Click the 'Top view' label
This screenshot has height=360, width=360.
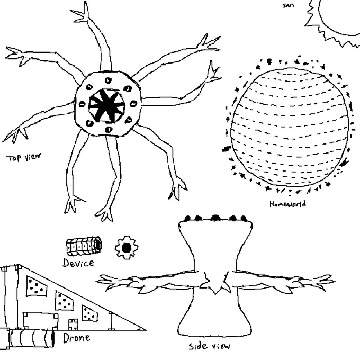[24, 157]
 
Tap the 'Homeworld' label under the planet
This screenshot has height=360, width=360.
[287, 204]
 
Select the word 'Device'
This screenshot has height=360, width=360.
[78, 263]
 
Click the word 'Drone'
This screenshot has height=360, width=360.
[76, 338]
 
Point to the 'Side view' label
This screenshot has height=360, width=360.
[210, 346]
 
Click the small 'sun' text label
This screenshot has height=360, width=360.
[288, 5]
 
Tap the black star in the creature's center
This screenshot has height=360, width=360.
[107, 106]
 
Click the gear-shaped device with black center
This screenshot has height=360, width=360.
[127, 248]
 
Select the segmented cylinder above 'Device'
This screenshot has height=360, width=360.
[84, 246]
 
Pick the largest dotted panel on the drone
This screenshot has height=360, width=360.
[37, 286]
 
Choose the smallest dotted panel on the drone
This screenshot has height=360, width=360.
[90, 313]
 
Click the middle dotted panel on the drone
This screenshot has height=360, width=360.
[65, 301]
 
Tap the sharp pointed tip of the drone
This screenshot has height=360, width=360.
[146, 330]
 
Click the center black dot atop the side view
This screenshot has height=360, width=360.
[215, 218]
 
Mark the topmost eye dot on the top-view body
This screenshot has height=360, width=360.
[108, 80]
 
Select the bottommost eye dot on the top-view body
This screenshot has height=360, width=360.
[109, 130]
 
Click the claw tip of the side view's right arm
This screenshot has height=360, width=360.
[335, 281]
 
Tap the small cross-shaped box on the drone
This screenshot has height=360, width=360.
[74, 325]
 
